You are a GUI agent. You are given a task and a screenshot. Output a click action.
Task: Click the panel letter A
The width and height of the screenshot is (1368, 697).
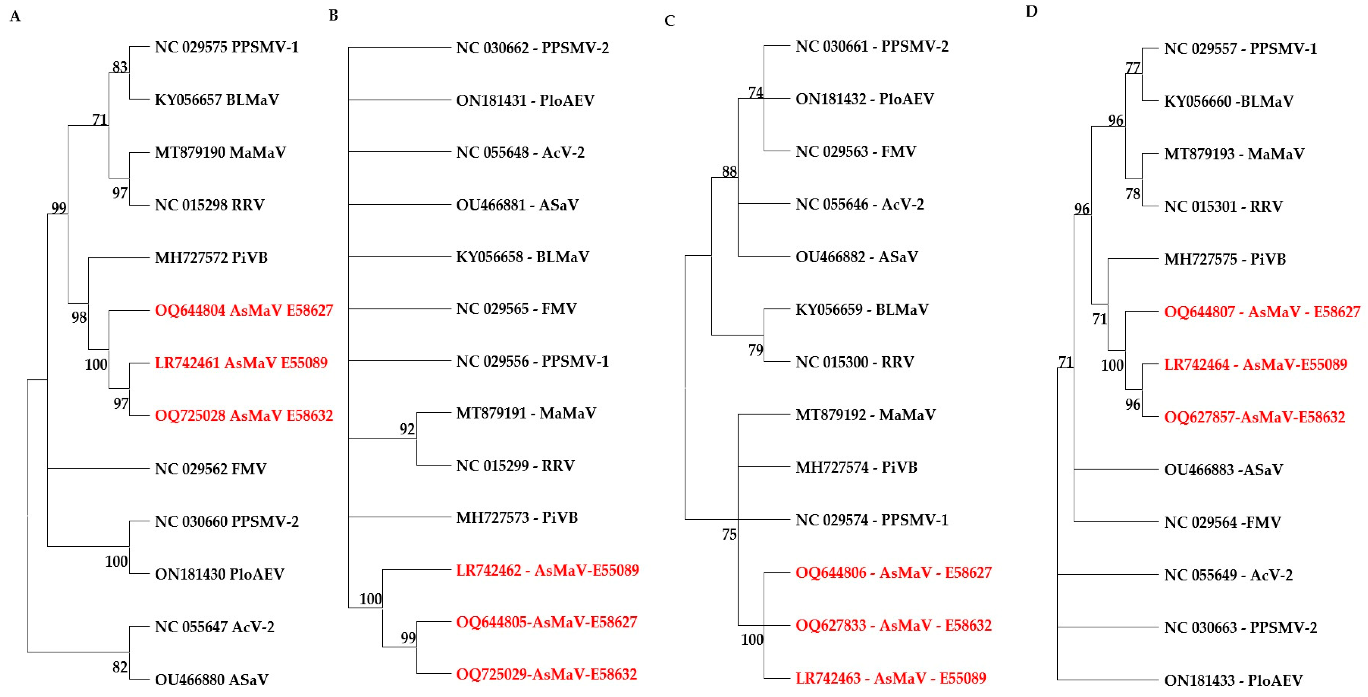point(15,17)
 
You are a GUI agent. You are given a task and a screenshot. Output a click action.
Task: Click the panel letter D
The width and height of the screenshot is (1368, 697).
point(1031,11)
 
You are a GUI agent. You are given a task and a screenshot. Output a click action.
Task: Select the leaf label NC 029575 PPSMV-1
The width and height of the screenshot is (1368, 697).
point(227,47)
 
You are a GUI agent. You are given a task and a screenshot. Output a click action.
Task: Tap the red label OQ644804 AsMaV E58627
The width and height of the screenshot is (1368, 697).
point(244,310)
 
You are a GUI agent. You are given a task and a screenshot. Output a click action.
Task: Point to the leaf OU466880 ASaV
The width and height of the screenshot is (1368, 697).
point(211,679)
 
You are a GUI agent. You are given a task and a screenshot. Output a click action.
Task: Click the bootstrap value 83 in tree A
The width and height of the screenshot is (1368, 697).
point(120,67)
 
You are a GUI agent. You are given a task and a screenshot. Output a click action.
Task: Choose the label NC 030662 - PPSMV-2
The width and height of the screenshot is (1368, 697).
point(532,48)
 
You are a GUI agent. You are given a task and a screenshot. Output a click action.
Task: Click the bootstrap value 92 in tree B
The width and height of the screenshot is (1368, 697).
point(407,429)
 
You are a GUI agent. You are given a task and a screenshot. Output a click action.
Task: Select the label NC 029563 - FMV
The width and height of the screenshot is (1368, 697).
point(855,152)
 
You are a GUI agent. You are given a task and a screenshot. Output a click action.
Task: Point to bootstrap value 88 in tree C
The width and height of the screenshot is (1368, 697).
point(729,171)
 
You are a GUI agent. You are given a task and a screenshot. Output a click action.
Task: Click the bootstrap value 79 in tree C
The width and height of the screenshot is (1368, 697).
point(755,350)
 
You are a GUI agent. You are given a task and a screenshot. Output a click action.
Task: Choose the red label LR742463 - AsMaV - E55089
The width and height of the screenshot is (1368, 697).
point(891,678)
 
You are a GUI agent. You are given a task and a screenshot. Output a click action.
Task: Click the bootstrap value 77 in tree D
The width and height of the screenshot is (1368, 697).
point(1133,68)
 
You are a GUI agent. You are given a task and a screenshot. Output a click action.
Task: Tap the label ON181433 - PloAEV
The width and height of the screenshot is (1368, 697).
point(1233,680)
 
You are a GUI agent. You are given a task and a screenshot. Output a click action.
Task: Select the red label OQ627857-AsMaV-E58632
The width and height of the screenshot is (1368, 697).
point(1254,417)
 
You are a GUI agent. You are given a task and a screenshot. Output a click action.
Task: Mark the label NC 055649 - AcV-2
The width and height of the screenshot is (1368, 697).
point(1228,575)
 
